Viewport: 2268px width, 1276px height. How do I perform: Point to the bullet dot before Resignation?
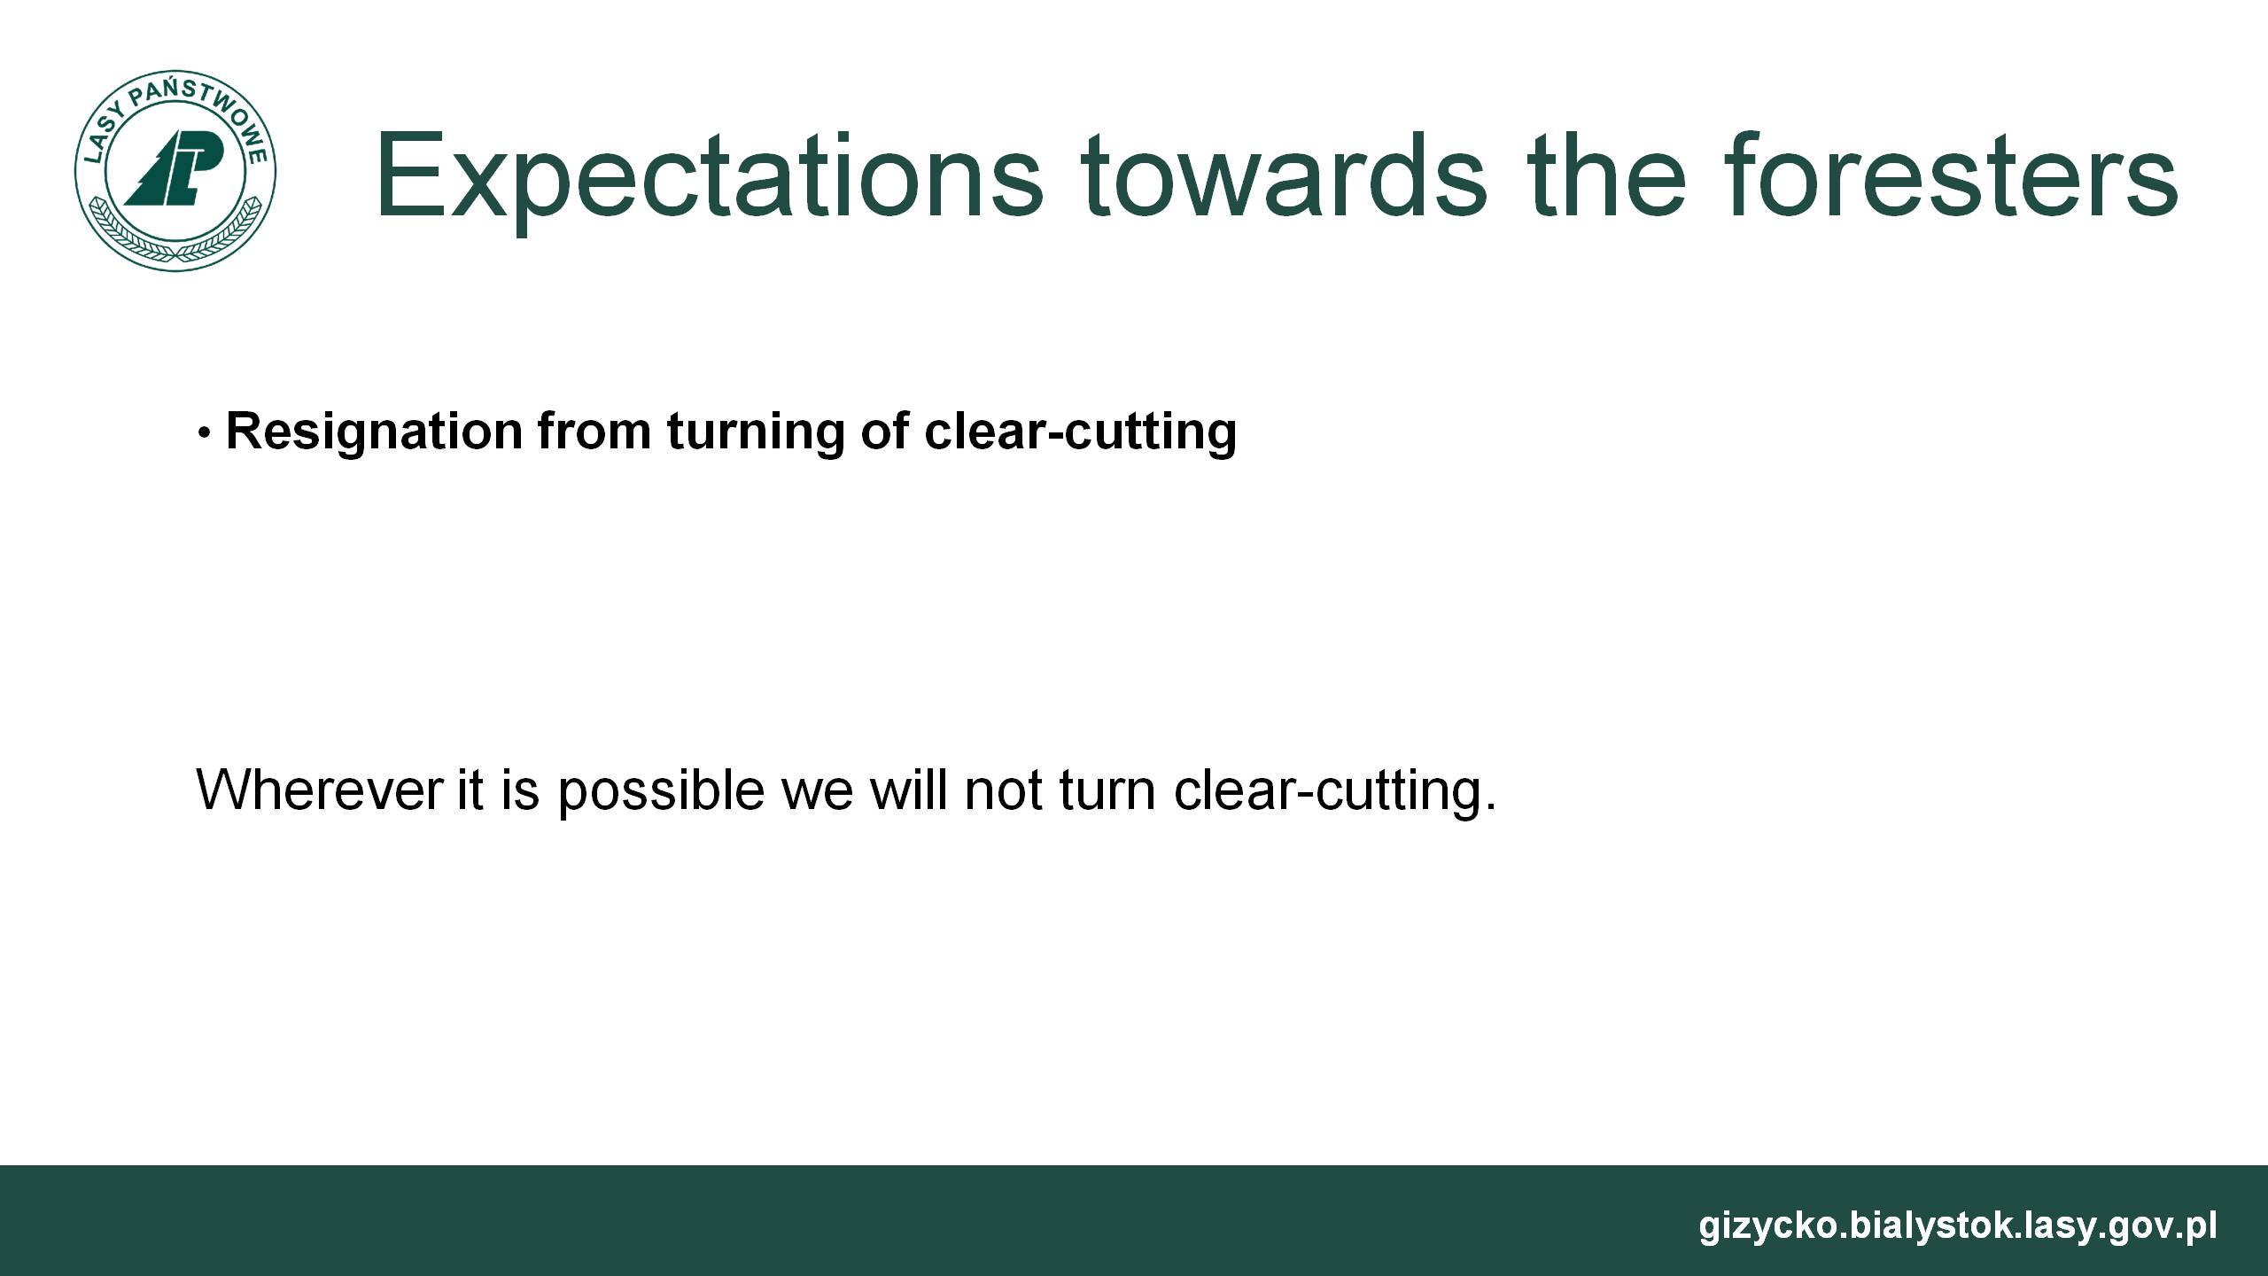204,434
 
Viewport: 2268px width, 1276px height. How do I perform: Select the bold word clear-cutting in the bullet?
1080,432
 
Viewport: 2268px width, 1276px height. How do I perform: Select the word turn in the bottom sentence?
1108,790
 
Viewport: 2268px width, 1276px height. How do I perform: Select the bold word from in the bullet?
594,432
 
